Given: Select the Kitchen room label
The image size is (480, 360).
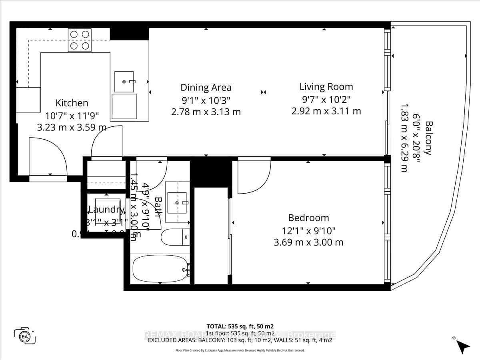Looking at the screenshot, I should pyautogui.click(x=72, y=103).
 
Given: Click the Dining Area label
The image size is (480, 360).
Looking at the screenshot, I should pyautogui.click(x=206, y=88).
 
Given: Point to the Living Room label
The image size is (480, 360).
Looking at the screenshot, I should pyautogui.click(x=326, y=86).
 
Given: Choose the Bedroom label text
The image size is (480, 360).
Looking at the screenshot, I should pyautogui.click(x=309, y=218).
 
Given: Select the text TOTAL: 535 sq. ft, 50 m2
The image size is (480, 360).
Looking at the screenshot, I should pyautogui.click(x=240, y=326).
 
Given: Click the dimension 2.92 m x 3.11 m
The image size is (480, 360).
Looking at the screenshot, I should pyautogui.click(x=326, y=111).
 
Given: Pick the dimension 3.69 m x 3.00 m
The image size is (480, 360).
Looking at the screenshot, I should pyautogui.click(x=309, y=242).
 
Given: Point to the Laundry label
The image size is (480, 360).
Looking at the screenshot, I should pyautogui.click(x=106, y=210).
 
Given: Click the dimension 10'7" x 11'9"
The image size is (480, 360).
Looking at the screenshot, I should pyautogui.click(x=72, y=116).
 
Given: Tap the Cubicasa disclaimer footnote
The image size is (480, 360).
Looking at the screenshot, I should pyautogui.click(x=240, y=350).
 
